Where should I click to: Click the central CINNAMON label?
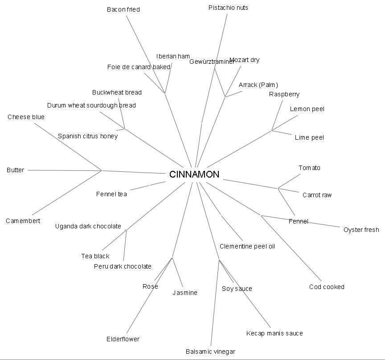194,174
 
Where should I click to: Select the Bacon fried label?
123,9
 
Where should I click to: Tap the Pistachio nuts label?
228,8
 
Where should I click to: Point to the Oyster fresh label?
361,230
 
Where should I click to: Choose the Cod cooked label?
327,287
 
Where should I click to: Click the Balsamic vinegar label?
210,352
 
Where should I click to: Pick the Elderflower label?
123,339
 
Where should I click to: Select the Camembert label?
23,221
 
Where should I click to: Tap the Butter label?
16,170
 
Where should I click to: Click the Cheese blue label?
26,117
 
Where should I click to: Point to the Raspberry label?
284,94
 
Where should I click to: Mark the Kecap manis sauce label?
274,333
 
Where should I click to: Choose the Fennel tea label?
111,194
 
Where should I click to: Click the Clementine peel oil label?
247,246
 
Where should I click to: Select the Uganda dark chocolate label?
88,226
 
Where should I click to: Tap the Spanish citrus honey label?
88,136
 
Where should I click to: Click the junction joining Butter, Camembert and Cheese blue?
102,170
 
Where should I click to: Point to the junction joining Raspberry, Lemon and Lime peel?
272,130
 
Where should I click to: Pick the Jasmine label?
185,293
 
